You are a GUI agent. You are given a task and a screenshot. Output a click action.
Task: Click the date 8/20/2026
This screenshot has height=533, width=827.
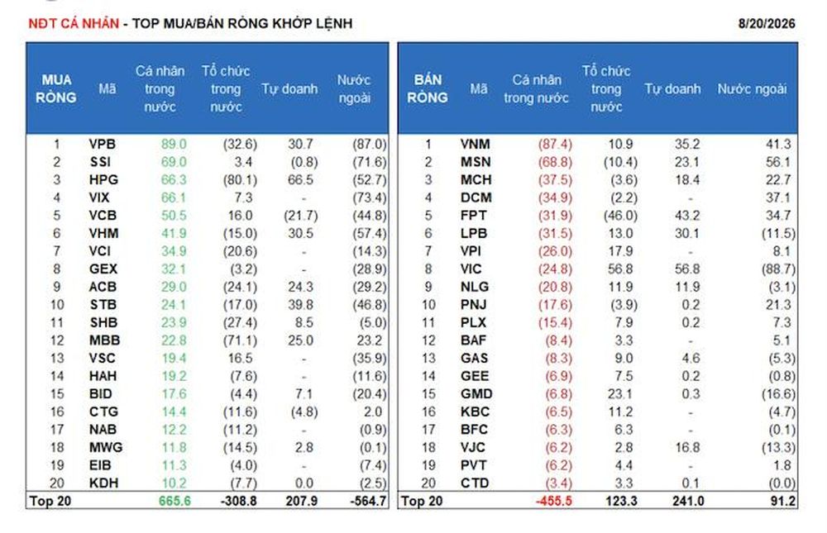pos(767,24)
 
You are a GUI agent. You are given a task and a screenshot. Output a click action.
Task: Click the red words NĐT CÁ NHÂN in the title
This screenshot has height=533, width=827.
pos(74,24)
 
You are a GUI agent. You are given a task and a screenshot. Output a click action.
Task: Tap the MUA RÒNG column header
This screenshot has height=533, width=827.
pos(56,88)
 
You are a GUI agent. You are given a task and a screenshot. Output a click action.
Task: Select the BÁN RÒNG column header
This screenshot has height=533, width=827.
pos(428,88)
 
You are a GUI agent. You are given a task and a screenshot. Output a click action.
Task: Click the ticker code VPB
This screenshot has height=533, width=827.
pos(103,145)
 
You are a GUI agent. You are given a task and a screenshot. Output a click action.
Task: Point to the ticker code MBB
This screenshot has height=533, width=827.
pos(104,340)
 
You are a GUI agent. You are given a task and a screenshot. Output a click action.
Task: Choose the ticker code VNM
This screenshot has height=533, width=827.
pos(476,145)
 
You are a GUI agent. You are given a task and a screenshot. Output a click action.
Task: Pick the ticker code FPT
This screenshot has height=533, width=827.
pos(474,216)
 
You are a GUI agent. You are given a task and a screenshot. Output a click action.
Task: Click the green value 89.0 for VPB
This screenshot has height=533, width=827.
pos(174,145)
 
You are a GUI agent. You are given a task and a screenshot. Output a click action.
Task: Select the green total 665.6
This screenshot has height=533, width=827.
pos(174,501)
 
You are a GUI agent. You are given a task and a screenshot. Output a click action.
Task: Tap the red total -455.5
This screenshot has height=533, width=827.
pos(554,501)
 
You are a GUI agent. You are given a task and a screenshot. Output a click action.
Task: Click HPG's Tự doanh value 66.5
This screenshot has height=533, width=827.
pos(301,180)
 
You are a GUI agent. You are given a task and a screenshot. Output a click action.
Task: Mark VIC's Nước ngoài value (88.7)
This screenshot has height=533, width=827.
pos(778,269)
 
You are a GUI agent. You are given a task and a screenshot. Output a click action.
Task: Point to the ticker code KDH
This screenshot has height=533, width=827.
pos(104,483)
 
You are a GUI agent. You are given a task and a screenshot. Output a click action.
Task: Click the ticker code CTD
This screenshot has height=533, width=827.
pos(475,483)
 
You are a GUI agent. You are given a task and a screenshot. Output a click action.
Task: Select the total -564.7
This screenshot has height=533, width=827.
pos(368,501)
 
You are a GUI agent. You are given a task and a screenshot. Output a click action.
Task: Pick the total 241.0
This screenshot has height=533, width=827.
pos(688,501)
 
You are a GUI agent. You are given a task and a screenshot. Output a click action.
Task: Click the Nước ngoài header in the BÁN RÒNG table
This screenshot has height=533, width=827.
pos(752,89)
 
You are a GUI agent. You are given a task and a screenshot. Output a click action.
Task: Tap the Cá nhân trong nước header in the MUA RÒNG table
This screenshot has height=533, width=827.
pos(160,88)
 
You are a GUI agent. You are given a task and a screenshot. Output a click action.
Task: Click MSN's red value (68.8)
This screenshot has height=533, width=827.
pos(555,162)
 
